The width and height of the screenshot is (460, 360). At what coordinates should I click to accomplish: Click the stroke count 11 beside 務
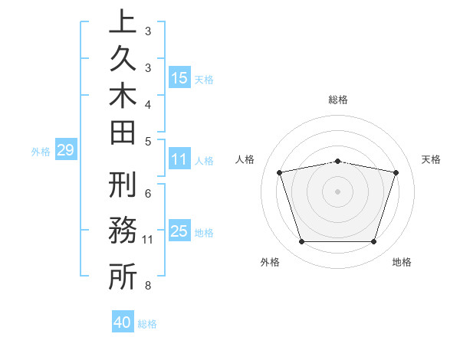pyautogui.click(x=148, y=240)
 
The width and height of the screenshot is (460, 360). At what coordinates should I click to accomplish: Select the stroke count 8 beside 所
pyautogui.click(x=148, y=286)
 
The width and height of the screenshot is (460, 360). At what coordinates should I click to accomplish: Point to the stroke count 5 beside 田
pyautogui.click(x=148, y=141)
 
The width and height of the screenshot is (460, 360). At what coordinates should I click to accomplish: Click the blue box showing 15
pyautogui.click(x=179, y=78)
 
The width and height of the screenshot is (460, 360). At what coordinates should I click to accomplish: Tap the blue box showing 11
pyautogui.click(x=179, y=160)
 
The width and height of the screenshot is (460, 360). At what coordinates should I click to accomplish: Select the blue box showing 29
pyautogui.click(x=65, y=151)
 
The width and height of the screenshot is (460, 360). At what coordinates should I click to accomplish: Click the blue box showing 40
pyautogui.click(x=123, y=322)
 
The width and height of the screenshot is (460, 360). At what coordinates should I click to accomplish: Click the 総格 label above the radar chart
pyautogui.click(x=338, y=100)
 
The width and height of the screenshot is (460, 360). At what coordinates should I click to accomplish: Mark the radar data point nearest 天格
pyautogui.click(x=396, y=172)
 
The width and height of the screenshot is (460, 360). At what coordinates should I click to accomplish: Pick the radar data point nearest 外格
pyautogui.click(x=301, y=242)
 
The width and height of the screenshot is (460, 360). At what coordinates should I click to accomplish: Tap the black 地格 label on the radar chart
pyautogui.click(x=402, y=263)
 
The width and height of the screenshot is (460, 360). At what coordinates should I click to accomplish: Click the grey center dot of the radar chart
pyautogui.click(x=337, y=191)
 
